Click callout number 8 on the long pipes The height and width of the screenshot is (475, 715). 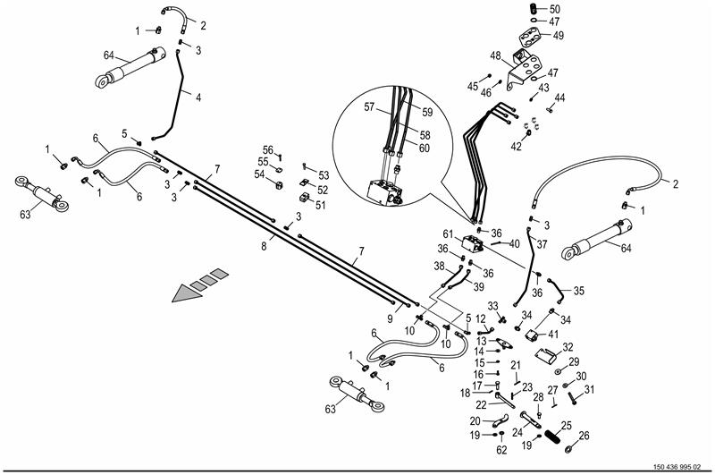[x=265, y=242]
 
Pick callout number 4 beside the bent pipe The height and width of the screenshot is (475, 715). [x=198, y=98]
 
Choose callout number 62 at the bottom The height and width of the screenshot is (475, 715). [x=501, y=450]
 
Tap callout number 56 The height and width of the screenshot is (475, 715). [x=267, y=149]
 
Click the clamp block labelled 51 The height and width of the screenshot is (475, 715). [x=303, y=192]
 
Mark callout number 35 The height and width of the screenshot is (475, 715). [x=579, y=291]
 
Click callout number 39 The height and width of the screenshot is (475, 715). [x=478, y=286]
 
